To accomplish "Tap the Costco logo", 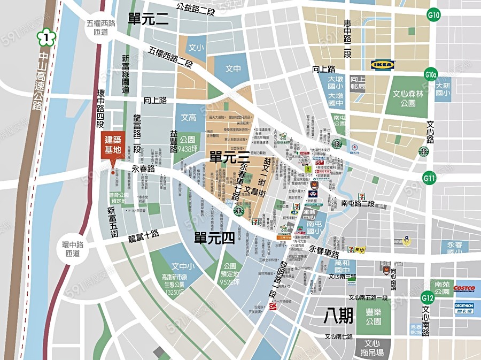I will pos(464,288).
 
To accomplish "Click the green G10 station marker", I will pos(433,16).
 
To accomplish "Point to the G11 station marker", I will pos(429,177).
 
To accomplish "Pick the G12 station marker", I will pos(427,297).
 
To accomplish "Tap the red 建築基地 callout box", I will pos(113,145).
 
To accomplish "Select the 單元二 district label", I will pos(148,20).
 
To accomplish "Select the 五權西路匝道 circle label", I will pos(100,28).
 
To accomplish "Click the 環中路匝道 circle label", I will pos(71,249).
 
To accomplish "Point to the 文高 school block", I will pos(189,117).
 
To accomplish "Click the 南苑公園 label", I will pos(442,288).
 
